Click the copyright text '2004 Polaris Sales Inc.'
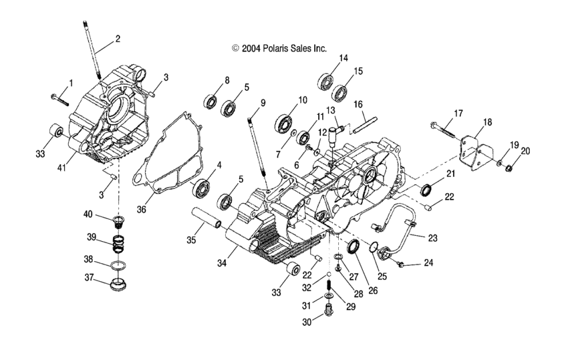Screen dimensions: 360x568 tap(279, 48)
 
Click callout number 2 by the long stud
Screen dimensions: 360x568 tap(118, 39)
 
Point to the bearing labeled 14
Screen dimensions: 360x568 tap(326, 81)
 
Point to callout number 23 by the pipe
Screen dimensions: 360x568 tap(434, 236)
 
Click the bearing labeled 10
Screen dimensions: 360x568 tap(285, 122)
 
